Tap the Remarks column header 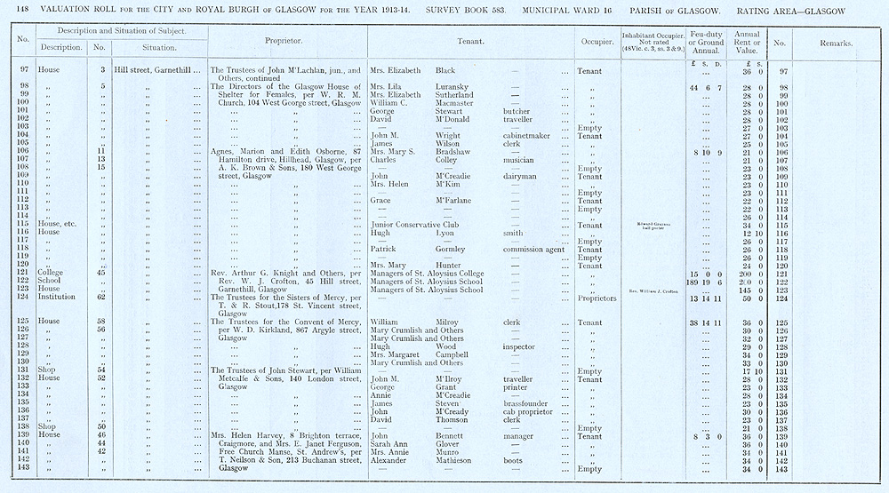(837, 43)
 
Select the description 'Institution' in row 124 (56, 298)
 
